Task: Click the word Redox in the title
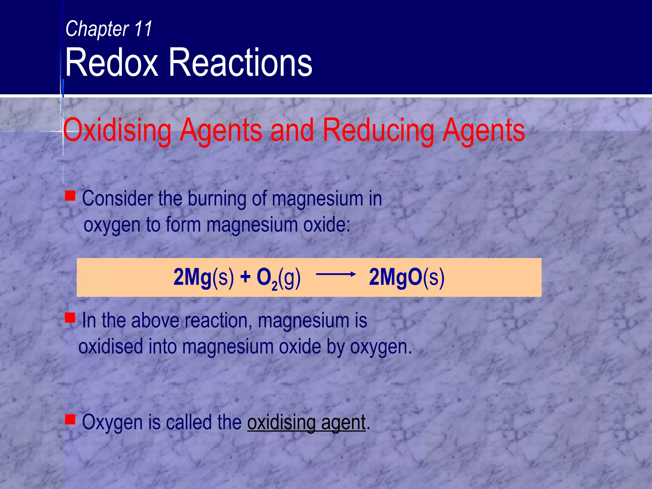point(112,62)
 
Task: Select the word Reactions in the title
point(240,62)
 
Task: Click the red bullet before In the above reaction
point(70,317)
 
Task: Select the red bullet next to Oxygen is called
point(70,419)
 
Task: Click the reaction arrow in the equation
point(336,274)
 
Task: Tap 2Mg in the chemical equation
point(192,277)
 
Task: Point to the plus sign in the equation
point(245,277)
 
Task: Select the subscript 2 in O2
point(274,286)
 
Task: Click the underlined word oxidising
point(281,423)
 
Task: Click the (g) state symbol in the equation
point(289,278)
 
